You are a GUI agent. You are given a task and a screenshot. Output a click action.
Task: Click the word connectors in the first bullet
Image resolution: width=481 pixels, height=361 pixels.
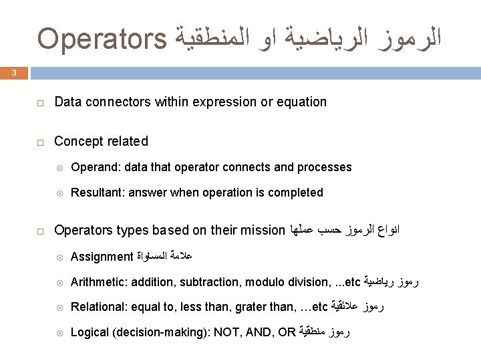pos(114,102)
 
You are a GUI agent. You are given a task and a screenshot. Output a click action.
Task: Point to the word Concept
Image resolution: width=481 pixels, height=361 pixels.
pos(78,141)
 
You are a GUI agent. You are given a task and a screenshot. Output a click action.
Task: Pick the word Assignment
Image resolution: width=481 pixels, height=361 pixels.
pos(102,257)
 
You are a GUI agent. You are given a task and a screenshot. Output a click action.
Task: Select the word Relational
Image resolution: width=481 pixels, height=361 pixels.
pos(98,308)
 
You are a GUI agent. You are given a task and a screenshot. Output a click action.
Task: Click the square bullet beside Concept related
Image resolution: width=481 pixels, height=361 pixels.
pos(41,142)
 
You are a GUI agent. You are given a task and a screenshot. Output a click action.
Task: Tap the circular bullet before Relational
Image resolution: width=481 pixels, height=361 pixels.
pos(59,308)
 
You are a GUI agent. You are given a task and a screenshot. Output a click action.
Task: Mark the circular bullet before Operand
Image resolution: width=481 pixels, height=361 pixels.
pos(59,167)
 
